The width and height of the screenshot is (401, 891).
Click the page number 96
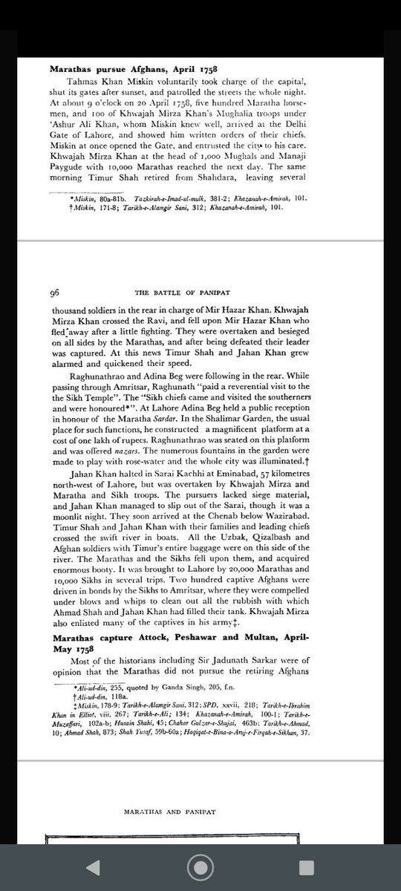coord(55,293)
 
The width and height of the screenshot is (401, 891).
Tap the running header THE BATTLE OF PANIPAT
coord(200,293)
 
